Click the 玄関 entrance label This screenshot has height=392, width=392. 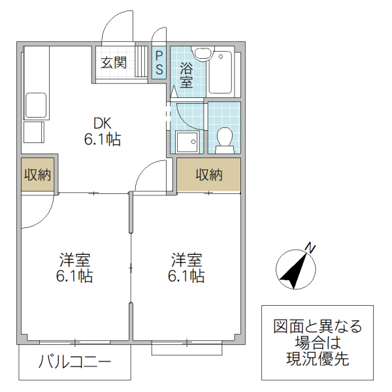point(113,63)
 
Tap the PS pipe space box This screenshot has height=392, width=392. point(159,63)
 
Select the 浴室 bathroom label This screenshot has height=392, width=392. point(186,74)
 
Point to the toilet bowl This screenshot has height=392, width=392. point(224,138)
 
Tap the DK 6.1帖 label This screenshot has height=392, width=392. point(102,131)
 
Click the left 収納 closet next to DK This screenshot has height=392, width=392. point(38,174)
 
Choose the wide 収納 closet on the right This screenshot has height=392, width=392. point(208,174)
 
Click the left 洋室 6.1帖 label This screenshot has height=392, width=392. point(73,267)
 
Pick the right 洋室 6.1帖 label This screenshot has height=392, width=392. point(186,267)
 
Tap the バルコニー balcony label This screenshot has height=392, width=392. point(74,361)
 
